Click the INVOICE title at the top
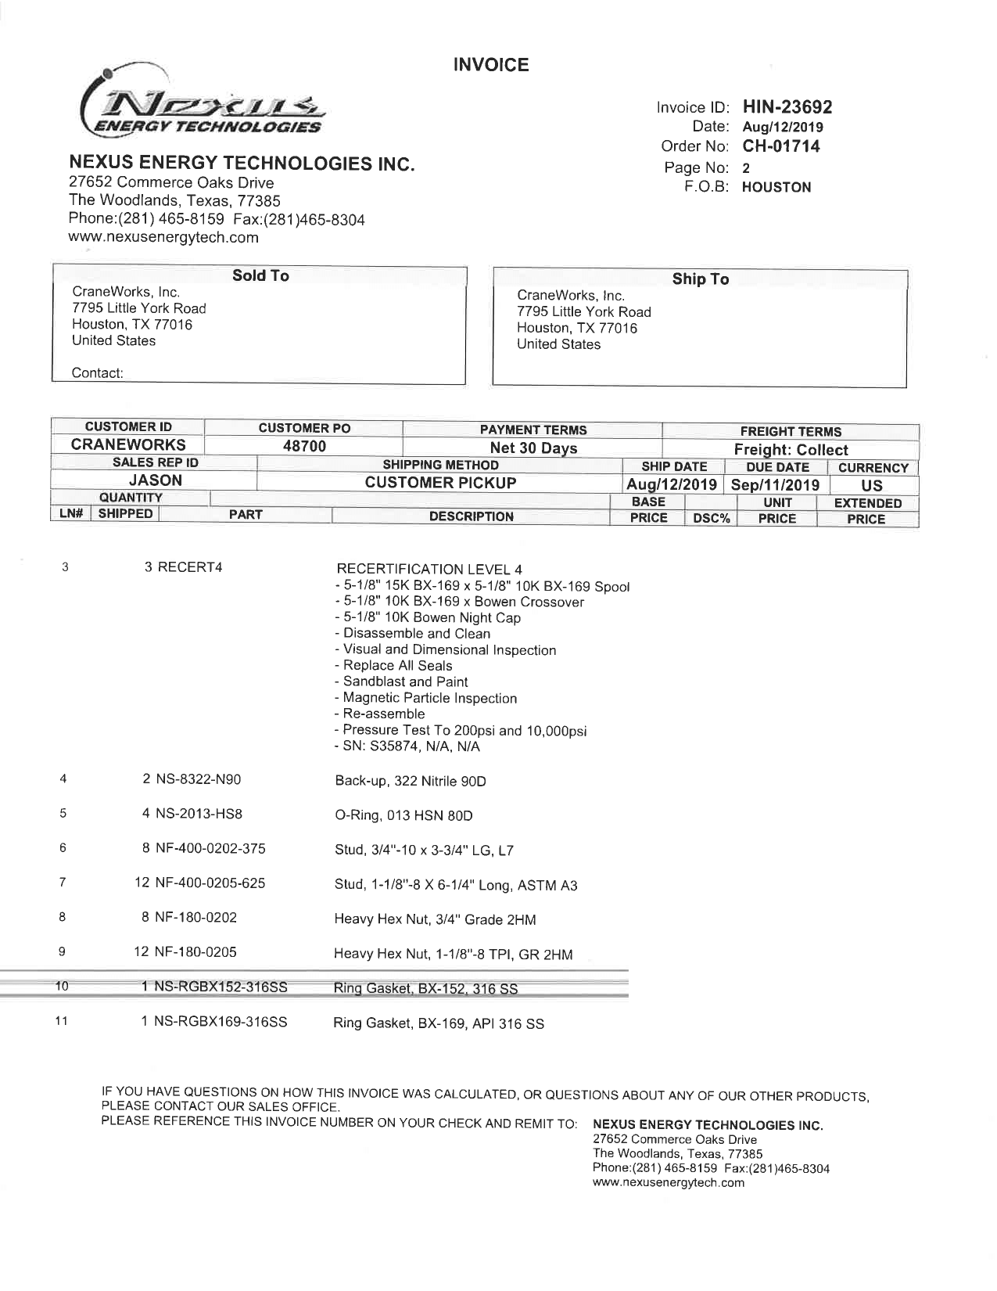point(491,65)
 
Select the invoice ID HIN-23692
point(787,107)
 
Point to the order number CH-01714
point(780,146)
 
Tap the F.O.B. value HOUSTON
point(776,187)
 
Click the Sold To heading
point(260,275)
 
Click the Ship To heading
point(700,279)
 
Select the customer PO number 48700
point(304,446)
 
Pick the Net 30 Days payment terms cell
point(533,448)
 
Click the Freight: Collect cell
point(791,450)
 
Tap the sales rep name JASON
point(155,480)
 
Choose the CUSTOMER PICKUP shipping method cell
point(440,483)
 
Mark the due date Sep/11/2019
point(775,485)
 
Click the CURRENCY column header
point(873,468)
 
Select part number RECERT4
point(190,567)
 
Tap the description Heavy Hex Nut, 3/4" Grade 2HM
point(435,920)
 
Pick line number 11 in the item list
point(62,1021)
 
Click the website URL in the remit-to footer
point(669,1182)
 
